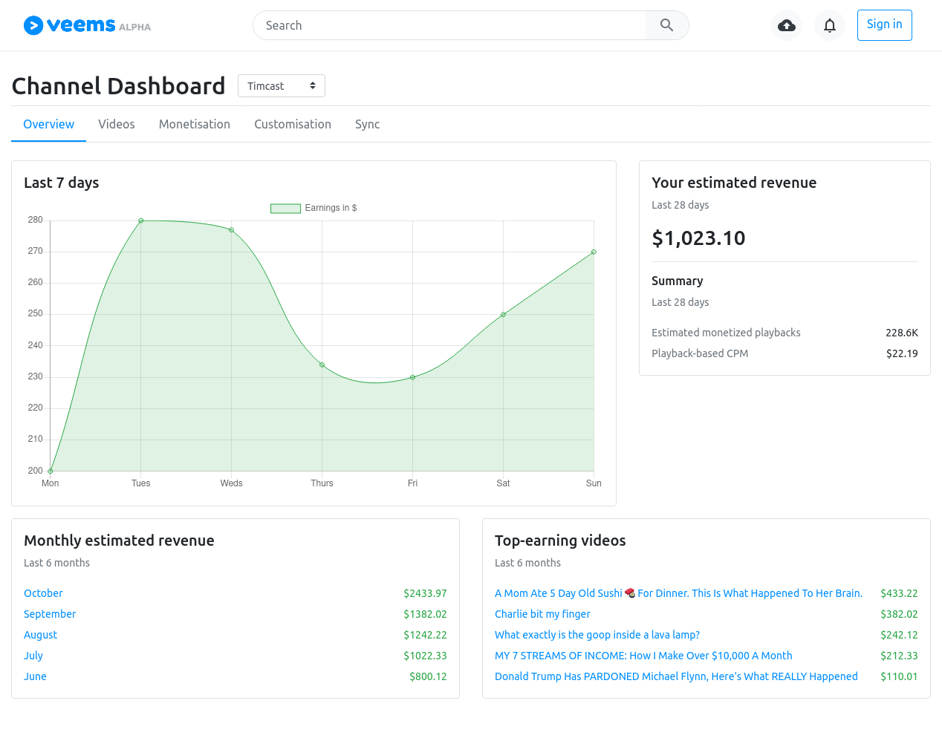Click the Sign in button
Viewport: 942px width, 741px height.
coord(884,25)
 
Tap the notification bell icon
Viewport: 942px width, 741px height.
coord(830,25)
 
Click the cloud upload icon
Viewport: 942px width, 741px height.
coord(787,25)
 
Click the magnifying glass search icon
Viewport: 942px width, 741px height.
coord(666,25)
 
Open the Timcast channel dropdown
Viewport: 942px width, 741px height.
coord(281,85)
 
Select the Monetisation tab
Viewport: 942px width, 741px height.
coord(195,124)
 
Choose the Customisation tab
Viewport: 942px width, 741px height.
coord(293,124)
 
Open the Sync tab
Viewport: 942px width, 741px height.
coord(367,124)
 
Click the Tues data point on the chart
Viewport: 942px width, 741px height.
coord(141,221)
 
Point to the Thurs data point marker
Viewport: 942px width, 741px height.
coord(322,365)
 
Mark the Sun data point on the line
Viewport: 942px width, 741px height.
coord(594,252)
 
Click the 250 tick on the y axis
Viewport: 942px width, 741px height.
coord(35,313)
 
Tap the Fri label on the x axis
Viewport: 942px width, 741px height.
coord(412,483)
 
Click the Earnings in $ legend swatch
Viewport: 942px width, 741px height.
coord(285,208)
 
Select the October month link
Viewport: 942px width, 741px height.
coord(43,593)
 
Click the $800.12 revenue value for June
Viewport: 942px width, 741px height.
coord(428,676)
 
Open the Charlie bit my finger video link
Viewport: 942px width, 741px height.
coord(542,614)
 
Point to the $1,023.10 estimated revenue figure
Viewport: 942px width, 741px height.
coord(698,238)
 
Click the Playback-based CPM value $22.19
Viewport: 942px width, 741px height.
coord(902,353)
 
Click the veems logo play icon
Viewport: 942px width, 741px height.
coord(33,25)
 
